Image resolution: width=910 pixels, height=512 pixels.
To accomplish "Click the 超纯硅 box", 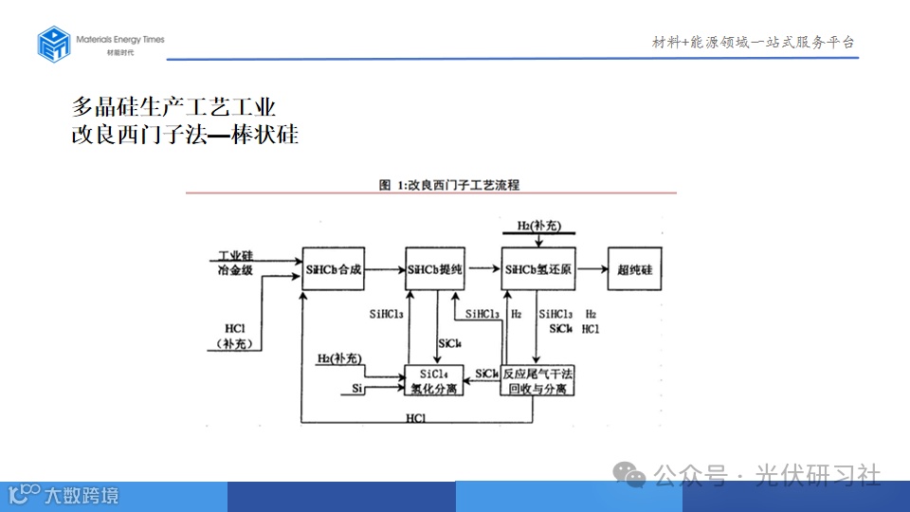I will (635, 270).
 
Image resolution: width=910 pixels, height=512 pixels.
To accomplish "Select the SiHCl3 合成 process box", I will (333, 270).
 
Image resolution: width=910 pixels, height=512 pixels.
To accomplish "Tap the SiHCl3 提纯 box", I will (434, 270).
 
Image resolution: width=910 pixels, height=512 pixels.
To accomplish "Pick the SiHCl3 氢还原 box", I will (538, 270).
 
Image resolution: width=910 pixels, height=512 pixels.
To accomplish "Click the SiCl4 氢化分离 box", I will (434, 380).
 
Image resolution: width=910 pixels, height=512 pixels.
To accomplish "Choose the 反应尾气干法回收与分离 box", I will (538, 380).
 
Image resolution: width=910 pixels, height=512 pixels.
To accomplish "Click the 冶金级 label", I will (236, 271).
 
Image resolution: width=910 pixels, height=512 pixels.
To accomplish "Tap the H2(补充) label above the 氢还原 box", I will (539, 225).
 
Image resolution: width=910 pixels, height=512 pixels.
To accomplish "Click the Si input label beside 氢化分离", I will (357, 389).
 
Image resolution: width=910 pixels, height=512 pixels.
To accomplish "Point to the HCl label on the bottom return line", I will (415, 418).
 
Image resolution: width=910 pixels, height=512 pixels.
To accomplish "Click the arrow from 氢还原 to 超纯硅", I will (591, 270).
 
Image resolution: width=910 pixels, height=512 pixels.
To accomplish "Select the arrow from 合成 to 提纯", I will (384, 270).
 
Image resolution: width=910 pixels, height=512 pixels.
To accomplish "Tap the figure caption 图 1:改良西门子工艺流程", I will (449, 184).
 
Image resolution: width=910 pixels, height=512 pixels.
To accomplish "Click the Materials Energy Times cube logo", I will (54, 44).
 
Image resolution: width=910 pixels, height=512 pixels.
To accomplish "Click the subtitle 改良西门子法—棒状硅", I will (186, 135).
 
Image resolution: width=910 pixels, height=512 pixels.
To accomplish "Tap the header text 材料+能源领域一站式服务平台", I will (754, 42).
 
